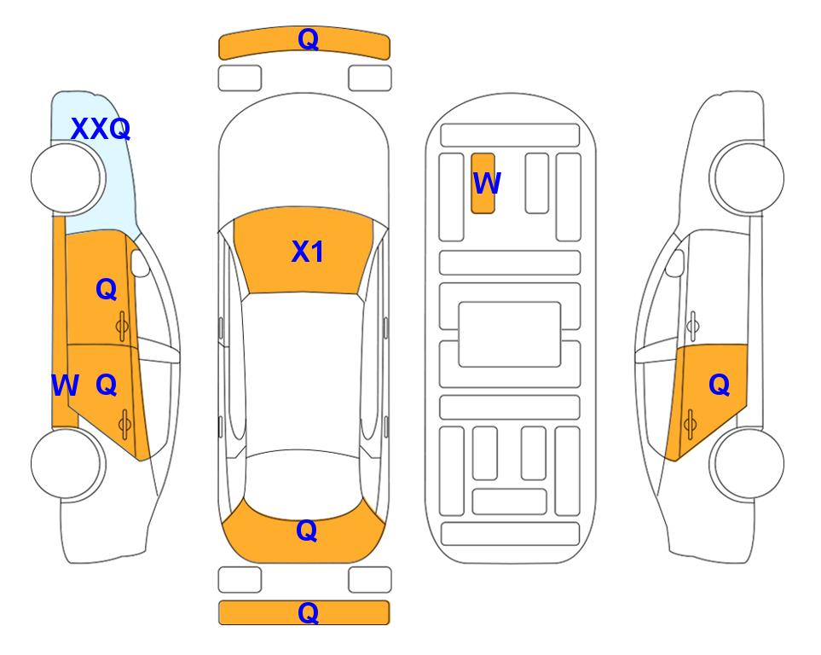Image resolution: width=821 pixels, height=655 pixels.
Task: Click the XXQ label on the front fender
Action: pos(101,129)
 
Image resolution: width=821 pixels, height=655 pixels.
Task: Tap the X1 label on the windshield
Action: pos(308,252)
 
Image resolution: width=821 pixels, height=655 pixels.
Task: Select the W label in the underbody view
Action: pos(487,183)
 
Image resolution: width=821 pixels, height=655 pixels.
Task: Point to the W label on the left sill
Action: pos(65,385)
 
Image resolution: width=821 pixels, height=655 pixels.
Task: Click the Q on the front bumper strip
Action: pos(308,39)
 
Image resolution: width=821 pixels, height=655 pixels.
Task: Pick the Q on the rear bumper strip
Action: pos(308,612)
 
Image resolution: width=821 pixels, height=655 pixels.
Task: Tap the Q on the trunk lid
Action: pos(307,530)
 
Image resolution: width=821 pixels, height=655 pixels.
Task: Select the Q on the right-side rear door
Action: pos(719,385)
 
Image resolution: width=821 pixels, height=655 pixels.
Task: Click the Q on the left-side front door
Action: pos(107,289)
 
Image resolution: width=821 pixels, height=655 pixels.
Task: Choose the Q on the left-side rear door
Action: pos(107,385)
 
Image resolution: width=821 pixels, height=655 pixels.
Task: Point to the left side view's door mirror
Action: pos(140,263)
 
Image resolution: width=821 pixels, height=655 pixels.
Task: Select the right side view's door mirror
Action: pos(674,263)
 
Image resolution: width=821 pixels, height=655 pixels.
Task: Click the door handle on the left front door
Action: pos(123,326)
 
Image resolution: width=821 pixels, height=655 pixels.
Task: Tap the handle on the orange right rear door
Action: pos(690,424)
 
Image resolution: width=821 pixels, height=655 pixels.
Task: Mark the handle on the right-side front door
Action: pos(692,326)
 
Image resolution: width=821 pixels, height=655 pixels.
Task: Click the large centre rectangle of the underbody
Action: pos(510,334)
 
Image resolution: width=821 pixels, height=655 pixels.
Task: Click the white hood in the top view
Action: pos(304,157)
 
